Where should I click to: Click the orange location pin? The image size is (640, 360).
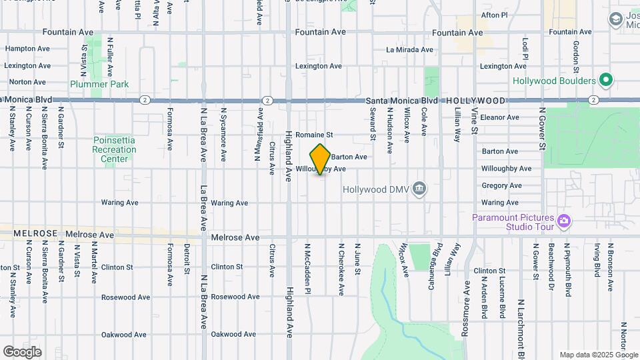pos(321,159)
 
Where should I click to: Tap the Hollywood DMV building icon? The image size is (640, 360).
pos(419,189)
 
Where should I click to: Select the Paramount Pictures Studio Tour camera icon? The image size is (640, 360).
pos(564,220)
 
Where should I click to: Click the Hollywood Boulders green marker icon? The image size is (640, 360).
pos(605,81)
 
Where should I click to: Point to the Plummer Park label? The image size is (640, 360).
pos(99,84)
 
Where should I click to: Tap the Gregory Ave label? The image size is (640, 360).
pos(501,186)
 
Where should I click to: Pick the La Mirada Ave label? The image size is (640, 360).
pos(409,50)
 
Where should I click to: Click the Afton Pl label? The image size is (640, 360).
pos(494,15)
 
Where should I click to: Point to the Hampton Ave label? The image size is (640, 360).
pos(28,49)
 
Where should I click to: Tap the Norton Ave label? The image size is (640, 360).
pos(27,82)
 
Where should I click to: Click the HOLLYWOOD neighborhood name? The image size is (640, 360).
pos(475,100)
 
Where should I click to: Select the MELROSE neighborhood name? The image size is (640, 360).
pos(33,235)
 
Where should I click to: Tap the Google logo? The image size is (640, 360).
pos(22,351)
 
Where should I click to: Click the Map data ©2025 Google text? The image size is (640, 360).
pos(598,355)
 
